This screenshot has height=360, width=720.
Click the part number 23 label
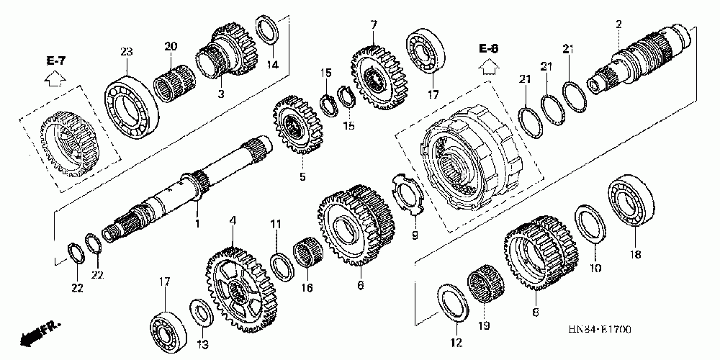(x=127, y=51)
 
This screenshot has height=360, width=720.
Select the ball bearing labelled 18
(x=631, y=199)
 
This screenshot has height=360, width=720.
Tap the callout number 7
(x=374, y=25)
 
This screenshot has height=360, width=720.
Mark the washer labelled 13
(x=201, y=314)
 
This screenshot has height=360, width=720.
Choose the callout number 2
(x=618, y=25)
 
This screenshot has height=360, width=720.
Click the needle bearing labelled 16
(x=307, y=256)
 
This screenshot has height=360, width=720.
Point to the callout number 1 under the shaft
(x=197, y=224)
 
